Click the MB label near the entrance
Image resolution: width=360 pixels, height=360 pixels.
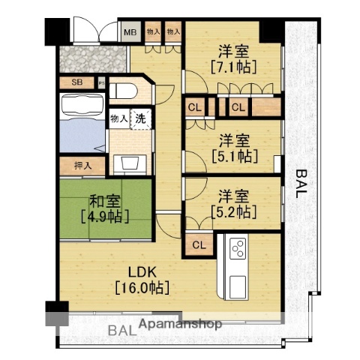coord(130,32)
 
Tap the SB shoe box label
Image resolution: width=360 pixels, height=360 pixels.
coord(76,83)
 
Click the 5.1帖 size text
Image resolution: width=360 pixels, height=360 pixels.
coord(233,156)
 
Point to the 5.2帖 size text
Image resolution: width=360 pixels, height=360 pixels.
coord(233,213)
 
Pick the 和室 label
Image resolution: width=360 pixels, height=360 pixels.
coord(105,201)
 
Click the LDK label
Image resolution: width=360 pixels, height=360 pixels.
coord(141,270)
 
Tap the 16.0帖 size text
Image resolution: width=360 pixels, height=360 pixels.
coord(141,286)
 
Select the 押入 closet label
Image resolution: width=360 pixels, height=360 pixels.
coord(82,166)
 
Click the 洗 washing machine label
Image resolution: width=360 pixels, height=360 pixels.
coord(141,118)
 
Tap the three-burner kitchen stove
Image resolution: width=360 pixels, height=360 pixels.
coord(238,247)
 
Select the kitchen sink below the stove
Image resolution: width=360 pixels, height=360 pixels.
coord(238,284)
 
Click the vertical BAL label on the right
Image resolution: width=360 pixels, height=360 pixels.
coord(301,184)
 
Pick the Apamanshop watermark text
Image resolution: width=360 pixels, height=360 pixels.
coord(178,325)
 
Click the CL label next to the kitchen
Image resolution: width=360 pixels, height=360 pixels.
coord(200,244)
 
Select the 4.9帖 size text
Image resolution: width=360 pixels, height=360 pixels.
coord(105,217)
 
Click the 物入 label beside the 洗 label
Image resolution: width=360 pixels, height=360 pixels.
coord(118,118)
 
